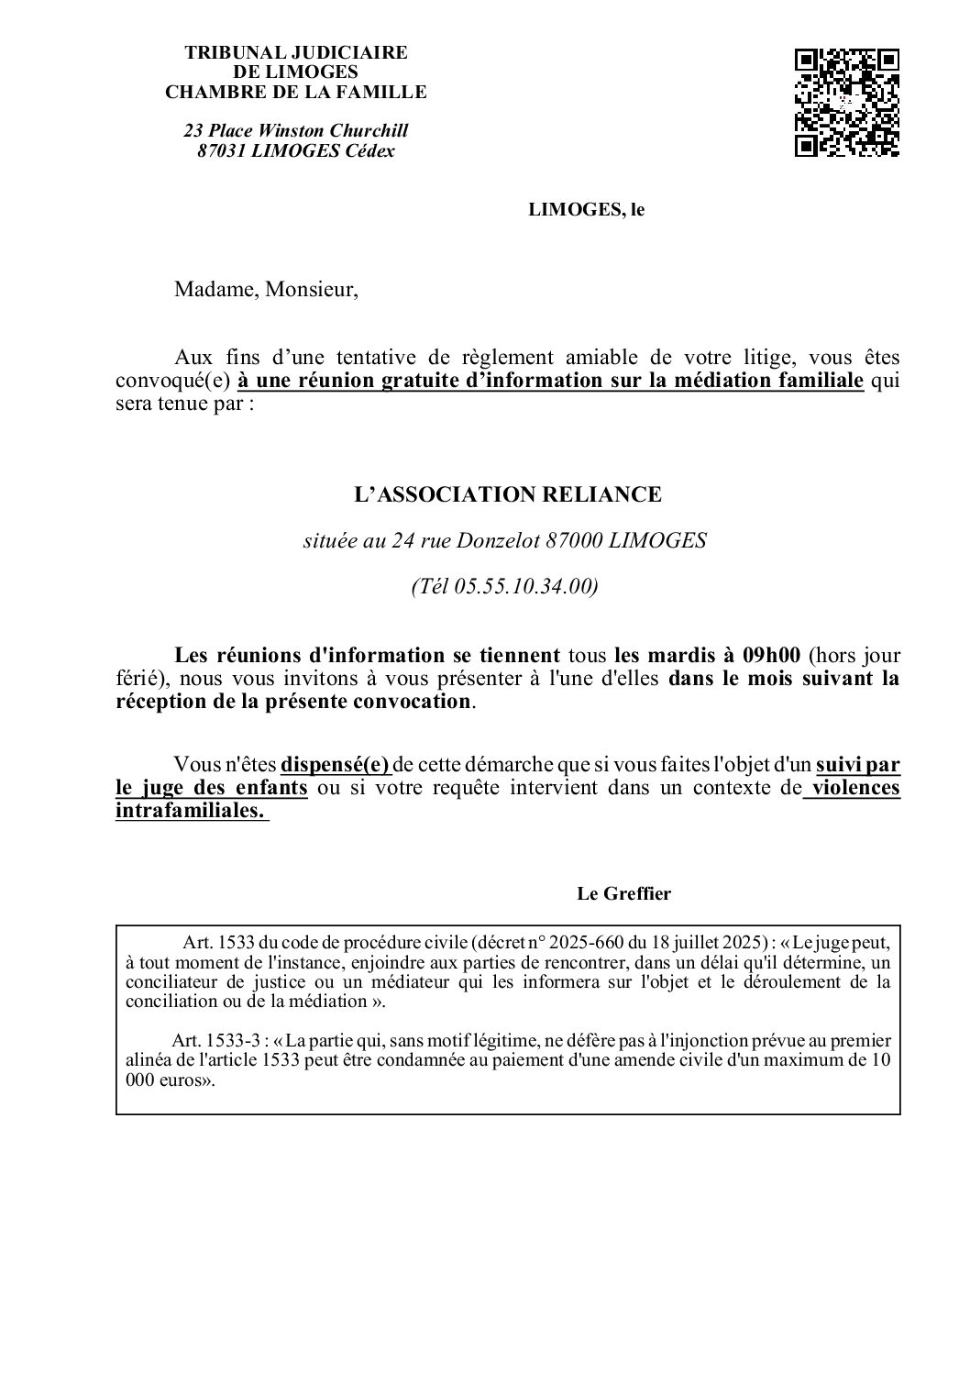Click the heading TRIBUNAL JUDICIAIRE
click(295, 53)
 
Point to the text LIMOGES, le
click(586, 209)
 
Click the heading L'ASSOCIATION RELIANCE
click(507, 495)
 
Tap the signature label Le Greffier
click(623, 893)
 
